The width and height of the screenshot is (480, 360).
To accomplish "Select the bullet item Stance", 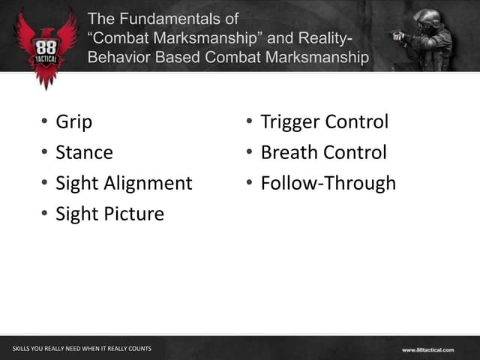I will click(x=84, y=153).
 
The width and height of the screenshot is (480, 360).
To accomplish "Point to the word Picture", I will click(x=134, y=214).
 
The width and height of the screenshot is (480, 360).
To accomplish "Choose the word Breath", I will click(x=289, y=153).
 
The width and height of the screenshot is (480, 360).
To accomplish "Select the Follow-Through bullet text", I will click(x=328, y=184).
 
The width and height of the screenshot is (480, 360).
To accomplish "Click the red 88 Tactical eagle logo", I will click(x=46, y=45).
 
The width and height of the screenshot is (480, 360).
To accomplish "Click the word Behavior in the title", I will click(x=121, y=58).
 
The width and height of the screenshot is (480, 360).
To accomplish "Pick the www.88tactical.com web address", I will click(x=427, y=349).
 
